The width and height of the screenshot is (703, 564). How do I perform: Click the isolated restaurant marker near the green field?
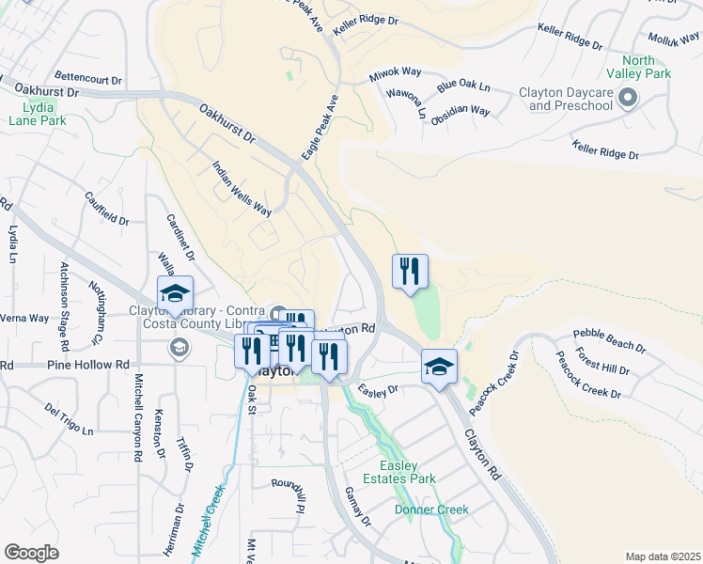click(x=410, y=273)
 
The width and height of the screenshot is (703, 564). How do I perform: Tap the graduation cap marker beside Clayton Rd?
click(x=439, y=367)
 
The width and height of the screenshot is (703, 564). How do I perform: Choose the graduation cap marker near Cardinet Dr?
click(x=175, y=294)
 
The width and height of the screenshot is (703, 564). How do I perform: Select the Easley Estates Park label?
click(x=407, y=472)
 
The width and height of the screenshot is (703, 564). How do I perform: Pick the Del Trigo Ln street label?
click(x=69, y=419)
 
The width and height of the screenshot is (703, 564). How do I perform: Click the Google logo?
click(x=31, y=553)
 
